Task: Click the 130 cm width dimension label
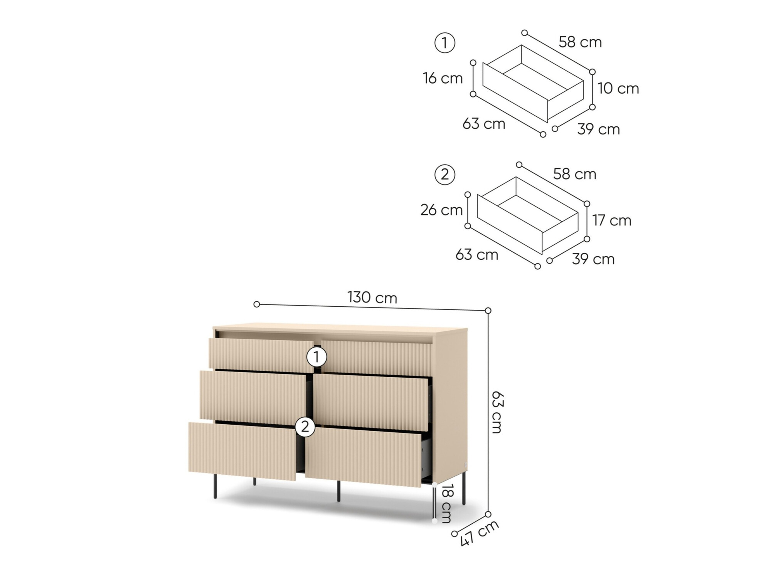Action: tap(372, 297)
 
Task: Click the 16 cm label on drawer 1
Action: tap(443, 78)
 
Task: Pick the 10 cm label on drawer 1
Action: tap(618, 89)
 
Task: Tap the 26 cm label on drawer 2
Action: tap(441, 210)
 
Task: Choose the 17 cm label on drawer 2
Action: tap(612, 220)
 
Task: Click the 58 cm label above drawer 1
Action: tap(580, 42)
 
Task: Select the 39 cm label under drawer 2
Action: tap(593, 259)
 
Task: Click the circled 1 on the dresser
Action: tap(316, 357)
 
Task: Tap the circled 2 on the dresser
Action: tap(305, 427)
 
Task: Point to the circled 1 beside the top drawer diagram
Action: tap(444, 43)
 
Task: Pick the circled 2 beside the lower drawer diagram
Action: tap(444, 175)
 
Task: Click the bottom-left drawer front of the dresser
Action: tap(242, 452)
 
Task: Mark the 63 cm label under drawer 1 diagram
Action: tap(484, 124)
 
